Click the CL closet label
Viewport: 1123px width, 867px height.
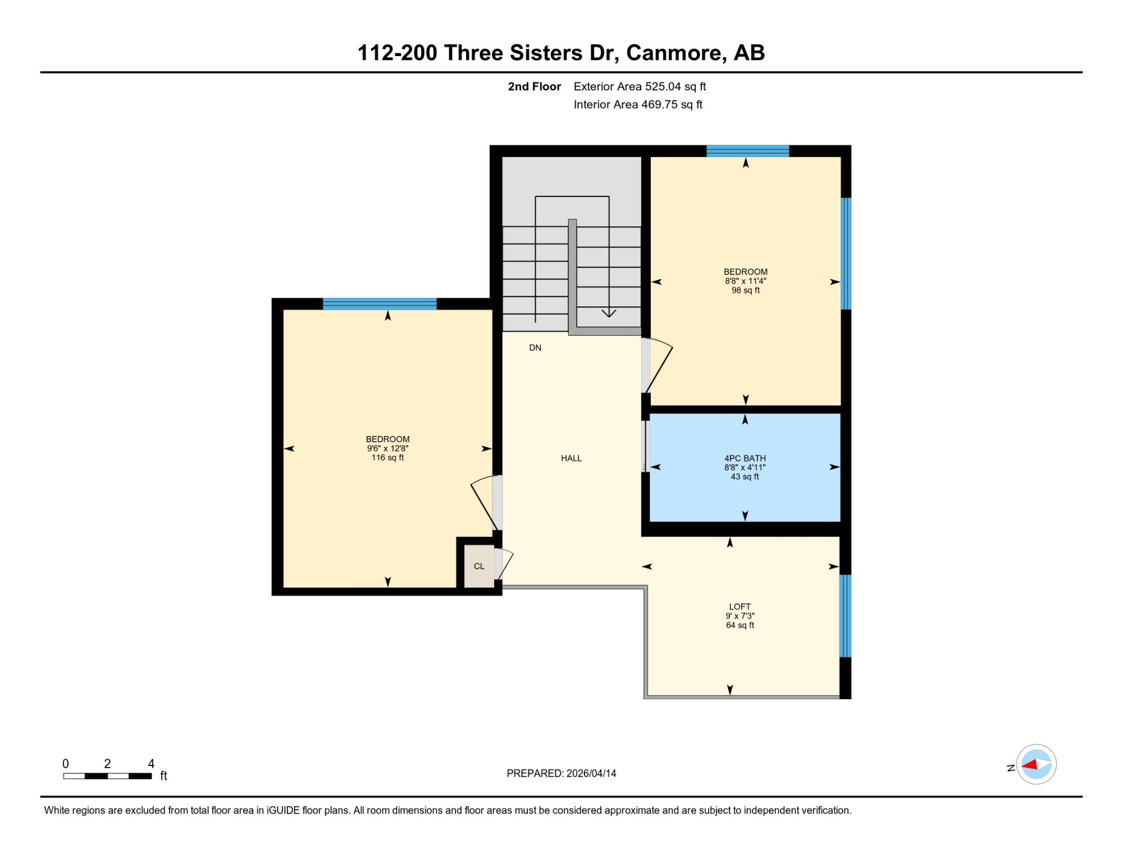[x=479, y=566]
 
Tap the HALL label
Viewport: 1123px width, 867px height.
[x=571, y=458]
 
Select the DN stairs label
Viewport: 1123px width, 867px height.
[x=535, y=348]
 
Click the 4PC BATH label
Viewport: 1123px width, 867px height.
[x=745, y=458]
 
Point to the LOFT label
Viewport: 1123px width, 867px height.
[x=740, y=607]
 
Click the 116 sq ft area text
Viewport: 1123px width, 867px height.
[x=387, y=458]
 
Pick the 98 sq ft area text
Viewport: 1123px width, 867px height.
[x=746, y=291]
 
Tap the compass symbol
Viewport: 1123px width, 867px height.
[x=1036, y=764]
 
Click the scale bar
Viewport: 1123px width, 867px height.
[x=107, y=776]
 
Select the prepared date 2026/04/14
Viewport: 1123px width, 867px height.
[x=591, y=773]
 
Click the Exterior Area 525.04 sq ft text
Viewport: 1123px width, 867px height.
[x=640, y=86]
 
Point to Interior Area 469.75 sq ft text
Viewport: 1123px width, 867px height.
[x=638, y=104]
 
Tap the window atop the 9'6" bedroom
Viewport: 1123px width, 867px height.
[x=380, y=304]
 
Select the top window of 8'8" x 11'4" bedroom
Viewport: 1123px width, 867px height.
[x=747, y=151]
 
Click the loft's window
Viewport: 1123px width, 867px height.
[x=845, y=616]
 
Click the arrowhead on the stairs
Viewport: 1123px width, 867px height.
[x=609, y=313]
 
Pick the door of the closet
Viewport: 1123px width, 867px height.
[x=504, y=563]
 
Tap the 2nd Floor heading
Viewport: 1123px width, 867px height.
[x=535, y=86]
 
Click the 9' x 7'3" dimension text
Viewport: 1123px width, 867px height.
[x=740, y=616]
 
